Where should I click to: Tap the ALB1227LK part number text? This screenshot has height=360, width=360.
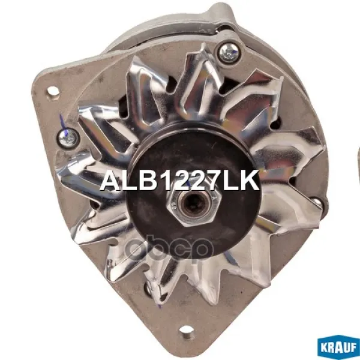[179, 181]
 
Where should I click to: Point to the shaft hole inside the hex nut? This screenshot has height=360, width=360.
[194, 205]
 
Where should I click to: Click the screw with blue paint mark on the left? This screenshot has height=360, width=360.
[68, 139]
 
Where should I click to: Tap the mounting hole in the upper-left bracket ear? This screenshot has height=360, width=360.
[53, 91]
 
